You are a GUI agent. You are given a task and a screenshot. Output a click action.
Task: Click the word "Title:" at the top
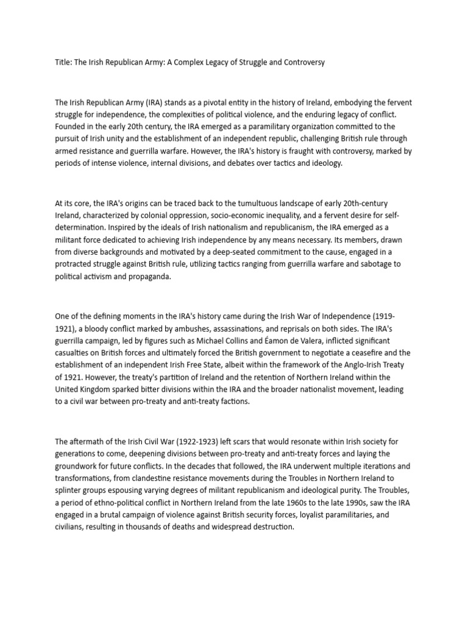(x=63, y=63)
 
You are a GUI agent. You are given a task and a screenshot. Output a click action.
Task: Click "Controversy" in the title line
(x=302, y=63)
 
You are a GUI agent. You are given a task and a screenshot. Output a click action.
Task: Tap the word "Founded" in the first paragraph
(x=71, y=126)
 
